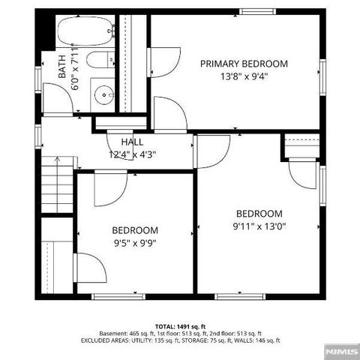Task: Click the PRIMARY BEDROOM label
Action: click(x=244, y=64)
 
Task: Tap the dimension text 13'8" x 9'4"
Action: click(x=244, y=76)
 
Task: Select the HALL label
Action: click(x=132, y=142)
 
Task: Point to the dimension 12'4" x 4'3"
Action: click(x=132, y=154)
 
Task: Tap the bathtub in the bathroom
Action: click(x=85, y=31)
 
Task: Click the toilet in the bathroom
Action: click(x=97, y=61)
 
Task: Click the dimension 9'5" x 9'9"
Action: click(x=135, y=242)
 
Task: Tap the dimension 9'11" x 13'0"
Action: click(x=259, y=225)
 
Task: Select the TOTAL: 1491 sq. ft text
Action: click(x=180, y=326)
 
